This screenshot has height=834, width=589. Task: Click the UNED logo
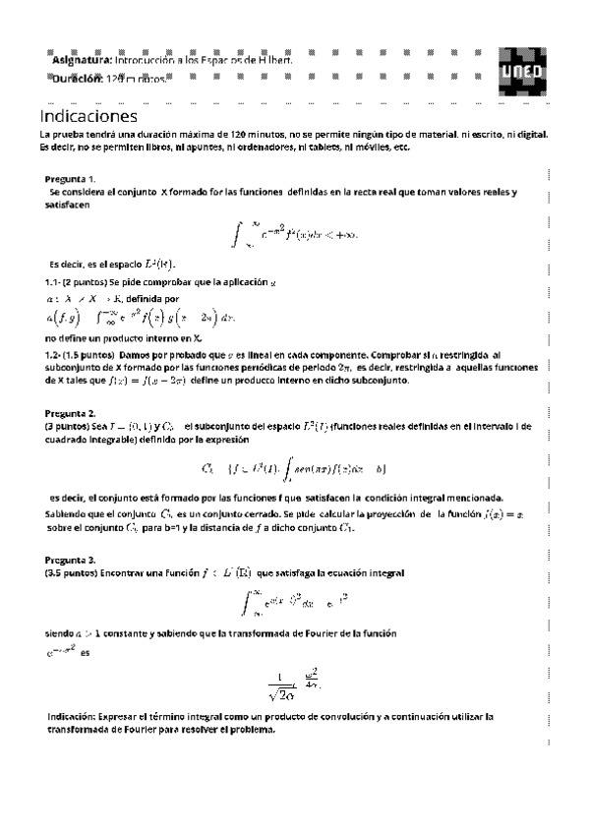click(x=520, y=70)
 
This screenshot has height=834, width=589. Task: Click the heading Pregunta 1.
click(x=70, y=179)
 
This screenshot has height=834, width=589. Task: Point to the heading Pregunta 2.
click(x=70, y=413)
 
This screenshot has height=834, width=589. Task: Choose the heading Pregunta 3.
click(x=70, y=560)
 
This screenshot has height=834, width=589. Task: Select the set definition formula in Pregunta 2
click(x=294, y=465)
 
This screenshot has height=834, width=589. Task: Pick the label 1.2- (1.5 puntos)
click(x=79, y=354)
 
